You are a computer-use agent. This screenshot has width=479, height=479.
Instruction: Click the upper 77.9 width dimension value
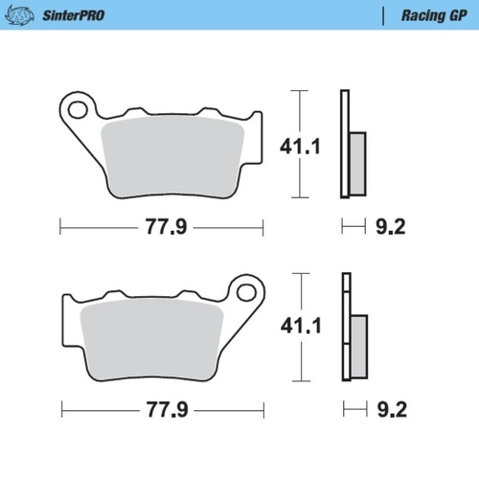[x=160, y=228]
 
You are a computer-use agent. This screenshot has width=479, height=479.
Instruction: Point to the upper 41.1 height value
[x=299, y=147]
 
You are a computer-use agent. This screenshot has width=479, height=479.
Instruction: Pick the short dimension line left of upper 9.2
[x=354, y=228]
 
